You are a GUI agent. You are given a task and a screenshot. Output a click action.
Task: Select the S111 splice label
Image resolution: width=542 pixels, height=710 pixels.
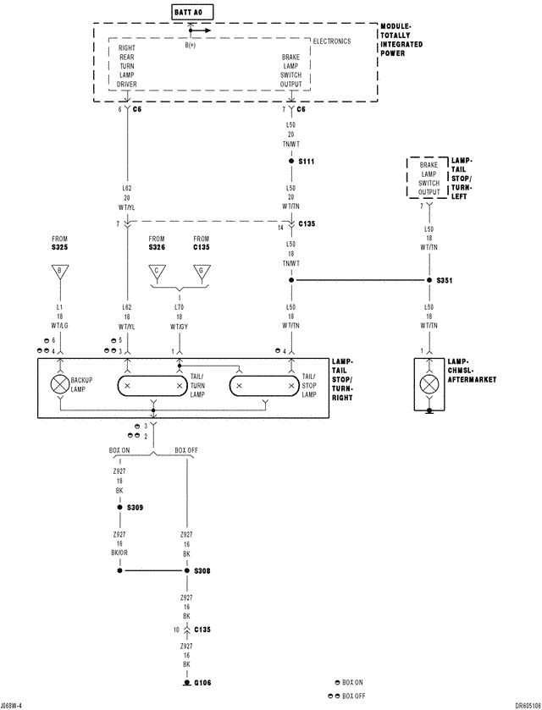pyautogui.click(x=306, y=161)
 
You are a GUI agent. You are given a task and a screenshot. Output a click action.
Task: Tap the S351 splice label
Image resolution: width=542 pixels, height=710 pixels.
pyautogui.click(x=445, y=279)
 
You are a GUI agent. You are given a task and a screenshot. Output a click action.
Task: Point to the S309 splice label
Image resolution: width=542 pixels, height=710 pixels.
pyautogui.click(x=135, y=508)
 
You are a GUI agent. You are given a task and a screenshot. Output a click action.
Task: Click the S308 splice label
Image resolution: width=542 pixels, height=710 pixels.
pyautogui.click(x=202, y=571)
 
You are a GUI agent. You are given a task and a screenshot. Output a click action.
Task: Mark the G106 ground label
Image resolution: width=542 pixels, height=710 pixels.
pyautogui.click(x=202, y=683)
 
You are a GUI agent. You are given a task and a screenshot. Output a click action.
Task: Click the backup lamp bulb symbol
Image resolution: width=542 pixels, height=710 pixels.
pyautogui.click(x=59, y=383)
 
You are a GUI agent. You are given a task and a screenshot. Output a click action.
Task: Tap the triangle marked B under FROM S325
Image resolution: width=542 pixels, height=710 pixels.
pyautogui.click(x=59, y=271)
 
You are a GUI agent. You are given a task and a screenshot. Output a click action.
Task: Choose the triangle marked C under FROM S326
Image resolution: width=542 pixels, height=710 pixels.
pyautogui.click(x=156, y=271)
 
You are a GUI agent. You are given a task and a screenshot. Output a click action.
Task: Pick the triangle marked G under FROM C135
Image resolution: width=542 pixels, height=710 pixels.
pyautogui.click(x=201, y=271)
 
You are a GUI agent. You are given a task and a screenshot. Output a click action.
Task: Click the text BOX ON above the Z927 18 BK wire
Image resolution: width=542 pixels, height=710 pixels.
pyautogui.click(x=119, y=449)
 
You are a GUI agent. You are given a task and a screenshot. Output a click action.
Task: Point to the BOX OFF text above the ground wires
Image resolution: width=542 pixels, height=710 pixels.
pyautogui.click(x=187, y=449)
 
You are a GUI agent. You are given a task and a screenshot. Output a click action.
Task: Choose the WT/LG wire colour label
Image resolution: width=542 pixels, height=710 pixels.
pyautogui.click(x=59, y=326)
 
